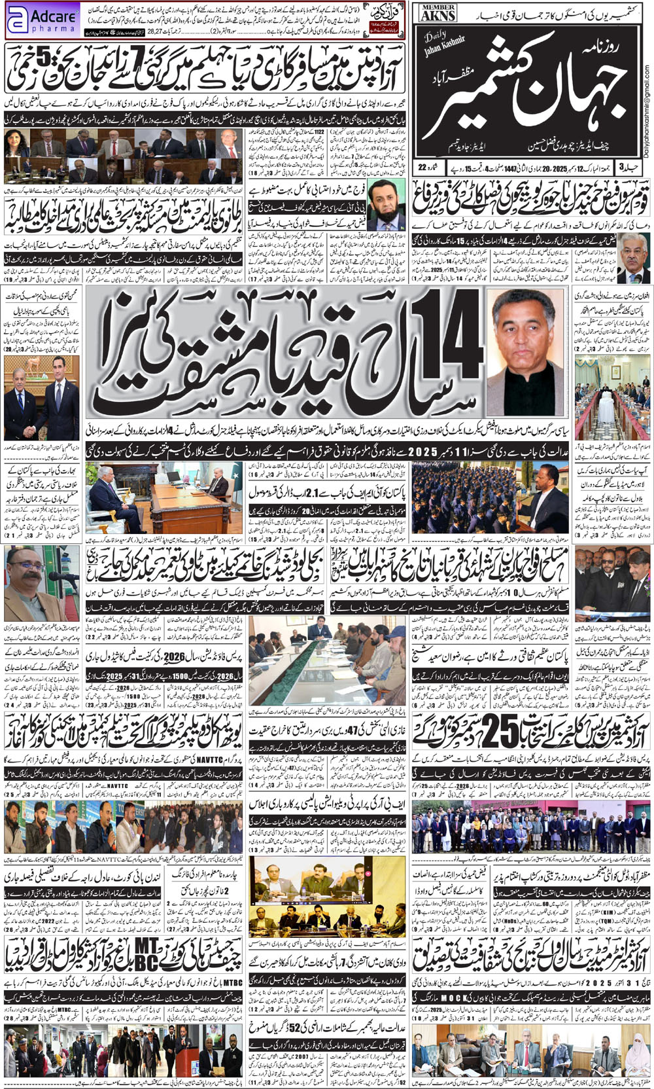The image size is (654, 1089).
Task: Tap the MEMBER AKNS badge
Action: coord(438,12)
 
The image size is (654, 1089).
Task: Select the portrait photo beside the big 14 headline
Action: coord(525,353)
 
